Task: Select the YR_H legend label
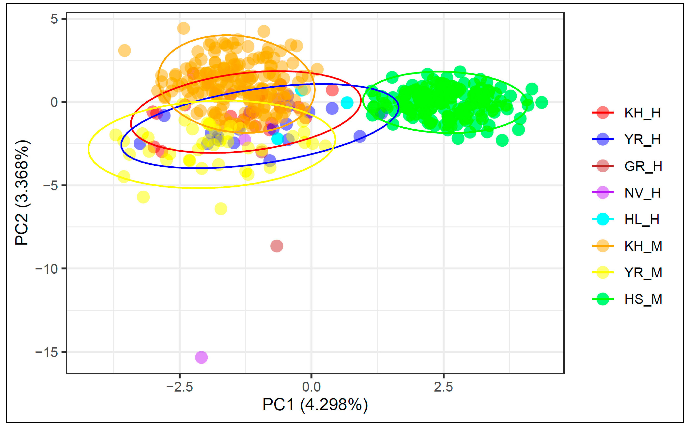[642, 139]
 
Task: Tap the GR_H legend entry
[643, 166]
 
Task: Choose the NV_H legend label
[642, 193]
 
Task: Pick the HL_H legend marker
[603, 219]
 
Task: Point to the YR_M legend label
[643, 272]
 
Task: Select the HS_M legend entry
[643, 299]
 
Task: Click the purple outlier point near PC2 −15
[201, 357]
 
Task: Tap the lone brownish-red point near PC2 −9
[277, 246]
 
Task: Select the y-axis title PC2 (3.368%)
[22, 192]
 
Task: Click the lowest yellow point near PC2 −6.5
[221, 209]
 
